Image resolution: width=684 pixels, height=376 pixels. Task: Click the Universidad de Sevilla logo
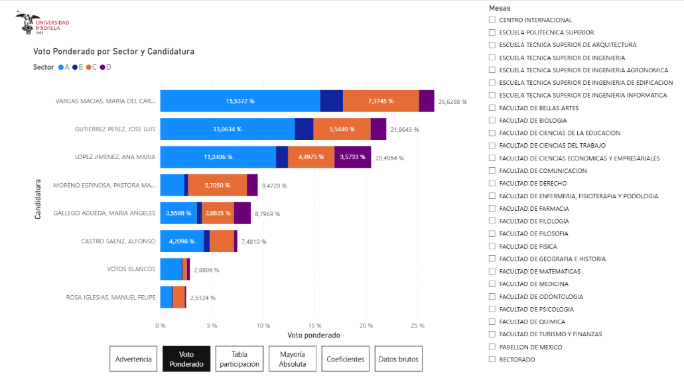(42, 25)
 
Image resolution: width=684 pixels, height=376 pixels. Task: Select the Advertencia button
(134, 359)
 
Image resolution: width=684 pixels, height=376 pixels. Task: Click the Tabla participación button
(239, 359)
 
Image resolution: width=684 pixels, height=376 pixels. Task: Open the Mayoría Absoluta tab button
(293, 359)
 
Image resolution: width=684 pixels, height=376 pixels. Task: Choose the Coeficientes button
(345, 359)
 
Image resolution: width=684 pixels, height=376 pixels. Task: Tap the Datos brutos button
(398, 359)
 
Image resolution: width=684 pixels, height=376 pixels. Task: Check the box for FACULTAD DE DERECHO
(492, 183)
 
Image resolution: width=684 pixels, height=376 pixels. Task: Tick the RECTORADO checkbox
(492, 359)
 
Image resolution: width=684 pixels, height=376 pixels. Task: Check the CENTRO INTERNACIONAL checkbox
(492, 20)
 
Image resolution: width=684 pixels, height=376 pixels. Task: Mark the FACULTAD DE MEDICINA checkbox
(492, 284)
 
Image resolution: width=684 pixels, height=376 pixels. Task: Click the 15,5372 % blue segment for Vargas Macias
(240, 101)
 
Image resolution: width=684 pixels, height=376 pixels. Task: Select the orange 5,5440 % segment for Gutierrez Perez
(342, 129)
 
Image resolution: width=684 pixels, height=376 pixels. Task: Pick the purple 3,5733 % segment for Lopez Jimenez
(352, 157)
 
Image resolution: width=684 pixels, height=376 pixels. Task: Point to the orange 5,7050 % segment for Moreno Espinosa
(217, 185)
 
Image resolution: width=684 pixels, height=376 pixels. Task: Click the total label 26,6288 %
(452, 102)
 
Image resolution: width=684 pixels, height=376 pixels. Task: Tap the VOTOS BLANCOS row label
(131, 269)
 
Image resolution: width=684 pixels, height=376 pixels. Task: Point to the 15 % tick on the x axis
(315, 326)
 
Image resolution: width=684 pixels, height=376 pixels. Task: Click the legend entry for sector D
(105, 67)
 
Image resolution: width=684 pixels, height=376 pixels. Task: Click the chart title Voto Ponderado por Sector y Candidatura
(113, 51)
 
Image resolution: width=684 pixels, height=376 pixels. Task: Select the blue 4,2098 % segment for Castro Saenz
(182, 241)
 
